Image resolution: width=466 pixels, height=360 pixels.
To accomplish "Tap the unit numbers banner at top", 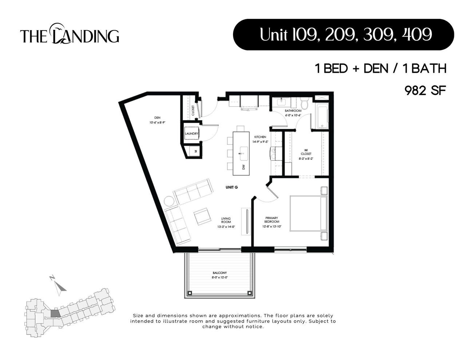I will [x=343, y=35].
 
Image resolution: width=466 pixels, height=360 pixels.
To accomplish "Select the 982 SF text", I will [x=425, y=90].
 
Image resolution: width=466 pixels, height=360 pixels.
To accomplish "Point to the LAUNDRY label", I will [x=191, y=134].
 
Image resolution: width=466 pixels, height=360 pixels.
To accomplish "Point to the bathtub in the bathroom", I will [x=322, y=116].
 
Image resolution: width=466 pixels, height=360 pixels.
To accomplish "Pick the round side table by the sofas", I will [x=169, y=201].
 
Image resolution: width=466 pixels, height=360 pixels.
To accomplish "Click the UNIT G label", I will [x=232, y=187].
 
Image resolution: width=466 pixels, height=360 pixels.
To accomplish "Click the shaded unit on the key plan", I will [x=55, y=313].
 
